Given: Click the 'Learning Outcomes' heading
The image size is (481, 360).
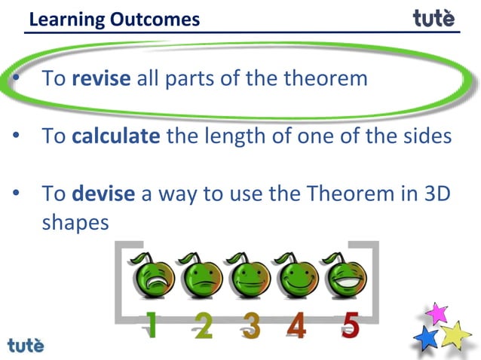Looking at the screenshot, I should (115, 18).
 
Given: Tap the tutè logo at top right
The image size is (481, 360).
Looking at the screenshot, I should (434, 17).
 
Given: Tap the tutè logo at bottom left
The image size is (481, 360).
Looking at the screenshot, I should (26, 346).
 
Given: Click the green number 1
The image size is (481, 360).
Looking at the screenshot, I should (153, 326).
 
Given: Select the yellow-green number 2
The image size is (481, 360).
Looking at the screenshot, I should (202, 326).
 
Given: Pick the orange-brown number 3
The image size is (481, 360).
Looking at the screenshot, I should (251, 326).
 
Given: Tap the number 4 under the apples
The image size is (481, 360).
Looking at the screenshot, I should (298, 326).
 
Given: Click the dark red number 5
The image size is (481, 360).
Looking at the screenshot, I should (349, 326).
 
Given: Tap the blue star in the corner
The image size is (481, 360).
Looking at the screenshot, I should (427, 337).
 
